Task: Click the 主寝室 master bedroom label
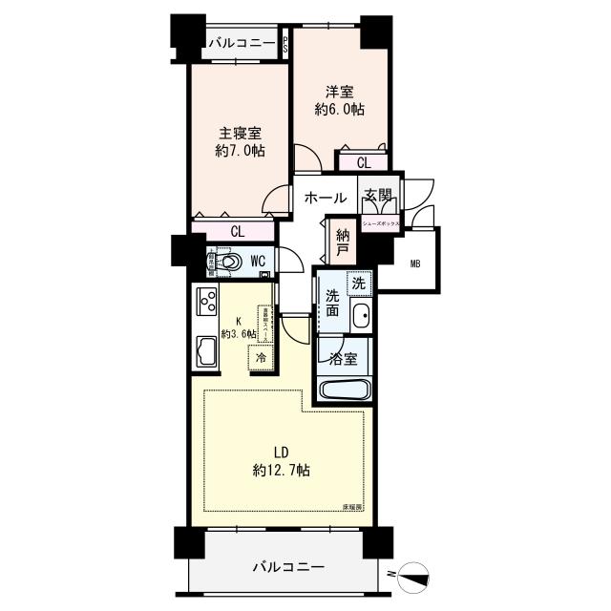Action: point(240,134)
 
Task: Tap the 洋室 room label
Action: point(340,92)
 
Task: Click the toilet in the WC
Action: point(230,260)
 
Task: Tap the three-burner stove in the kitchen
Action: point(207,303)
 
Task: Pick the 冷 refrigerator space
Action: point(260,357)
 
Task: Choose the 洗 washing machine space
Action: point(357,283)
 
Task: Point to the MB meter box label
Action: point(416,263)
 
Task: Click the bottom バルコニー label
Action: point(288,567)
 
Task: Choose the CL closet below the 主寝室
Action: point(237,230)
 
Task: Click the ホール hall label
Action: point(325,199)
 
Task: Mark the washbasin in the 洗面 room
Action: point(361,316)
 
